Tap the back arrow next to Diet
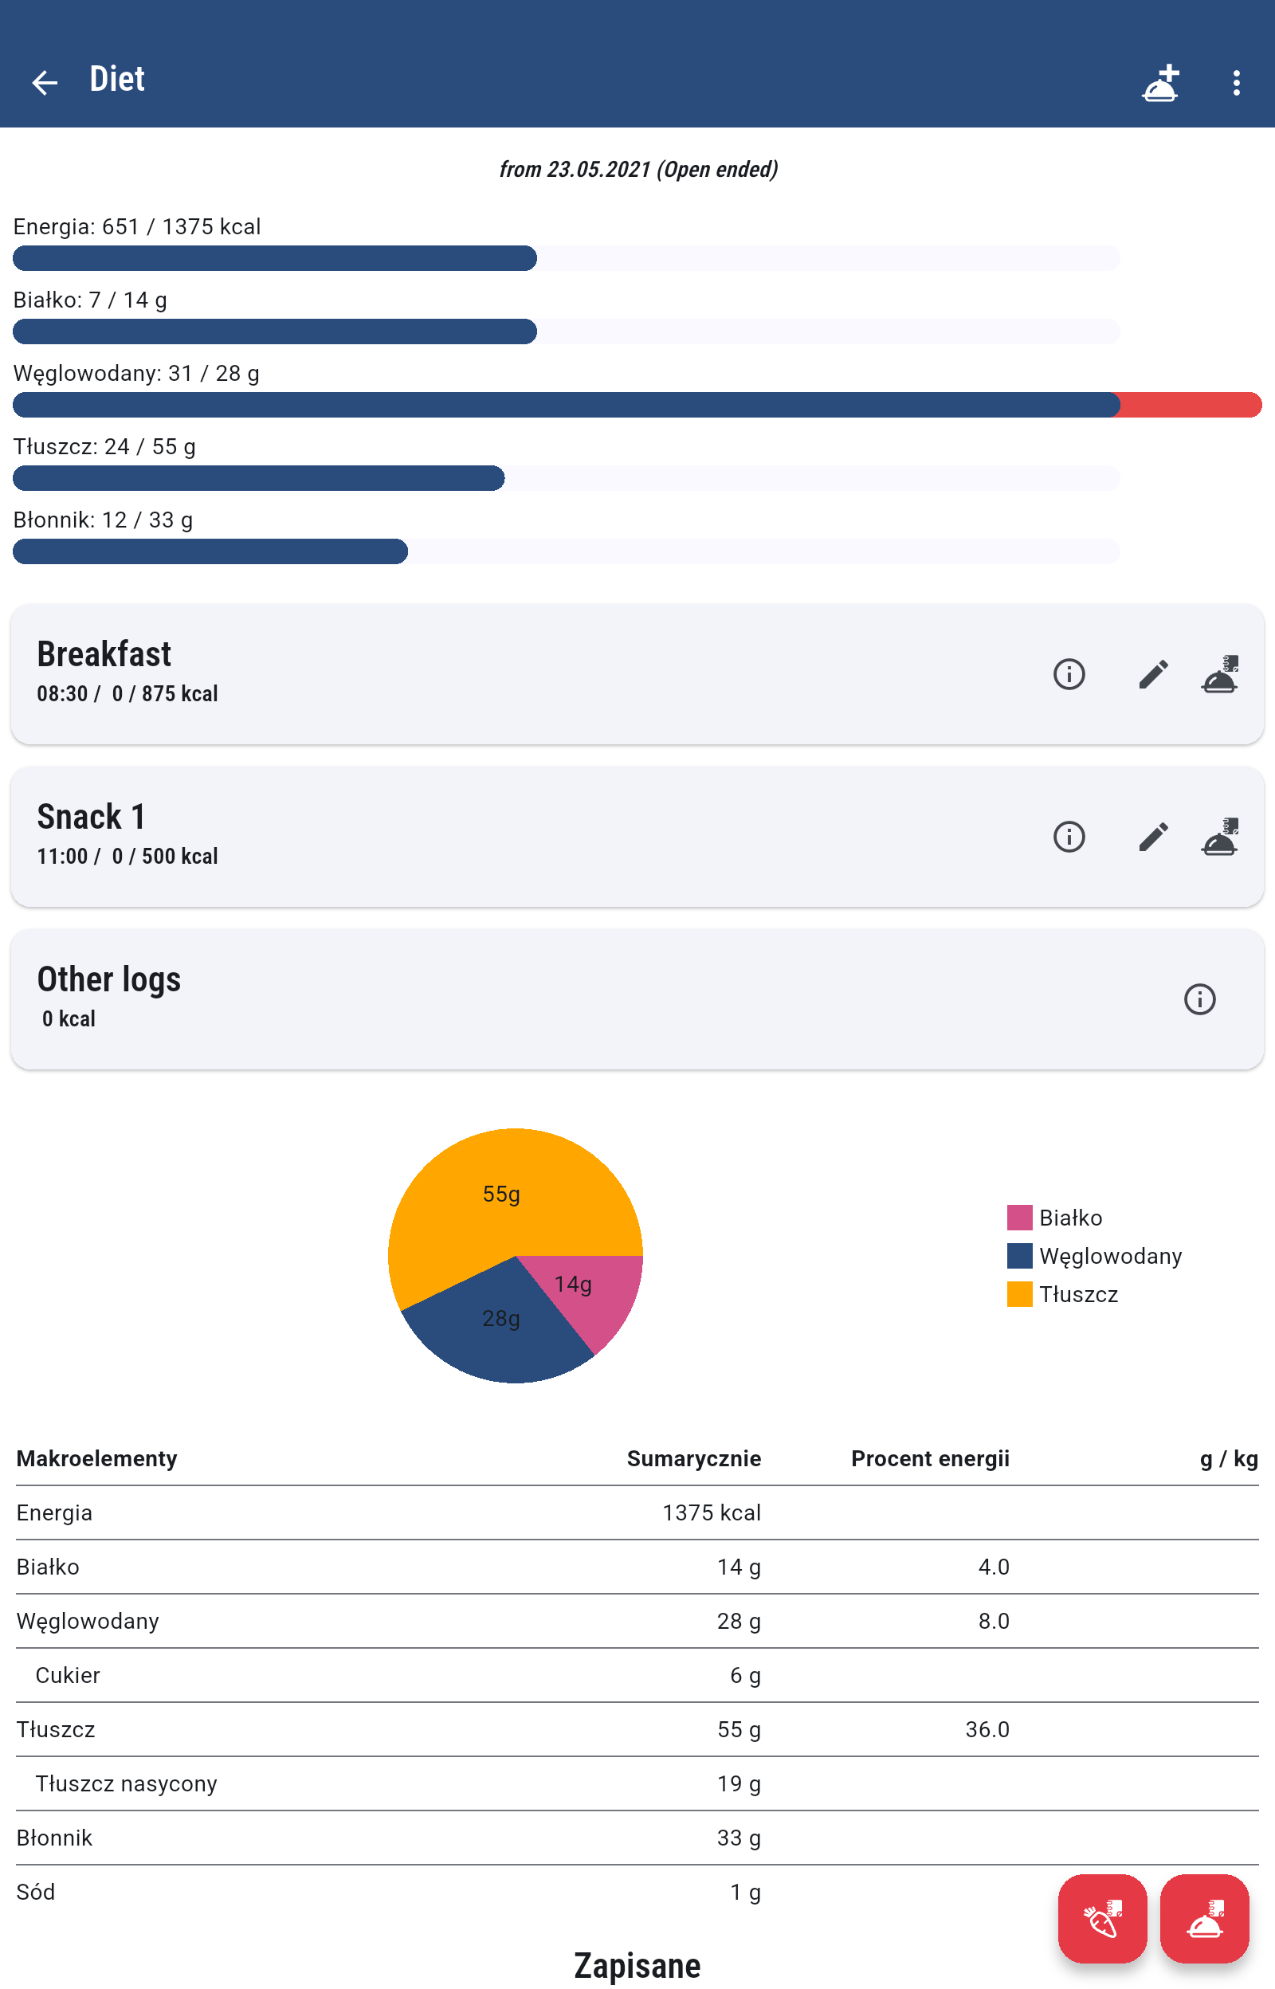pyautogui.click(x=44, y=82)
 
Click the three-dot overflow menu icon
pyautogui.click(x=1236, y=82)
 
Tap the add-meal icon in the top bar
pyautogui.click(x=1160, y=82)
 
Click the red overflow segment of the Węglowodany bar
pyautogui.click(x=1191, y=405)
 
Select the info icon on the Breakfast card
pyautogui.click(x=1069, y=674)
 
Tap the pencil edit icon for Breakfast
pyautogui.click(x=1152, y=674)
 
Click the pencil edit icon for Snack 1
pyautogui.click(x=1152, y=837)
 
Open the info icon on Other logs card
pyautogui.click(x=1198, y=999)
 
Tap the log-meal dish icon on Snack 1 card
pyautogui.click(x=1219, y=837)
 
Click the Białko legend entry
pyautogui.click(x=1069, y=1218)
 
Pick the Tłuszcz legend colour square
pyautogui.click(x=1019, y=1293)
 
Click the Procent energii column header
pyautogui.click(x=930, y=1458)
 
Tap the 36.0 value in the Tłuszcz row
pyautogui.click(x=987, y=1729)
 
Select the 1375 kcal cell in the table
pyautogui.click(x=711, y=1512)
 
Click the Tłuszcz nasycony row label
pyautogui.click(x=126, y=1783)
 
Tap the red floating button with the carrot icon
pyautogui.click(x=1102, y=1918)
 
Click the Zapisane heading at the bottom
pyautogui.click(x=637, y=1965)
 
